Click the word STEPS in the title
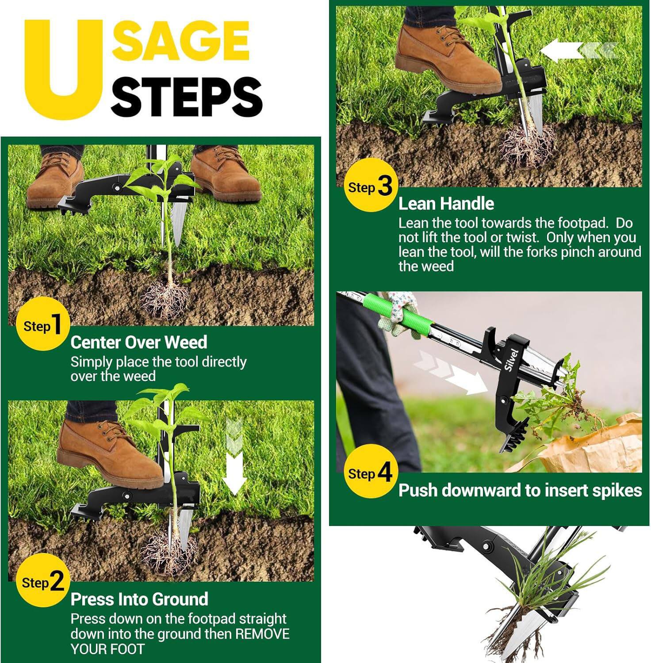click(x=186, y=97)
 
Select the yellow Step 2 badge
click(x=43, y=582)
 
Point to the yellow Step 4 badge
click(x=370, y=472)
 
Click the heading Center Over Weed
click(x=138, y=343)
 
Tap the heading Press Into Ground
click(x=139, y=599)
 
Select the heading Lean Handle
click(x=446, y=204)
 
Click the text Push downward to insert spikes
click(x=520, y=491)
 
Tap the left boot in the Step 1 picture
click(x=53, y=181)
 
